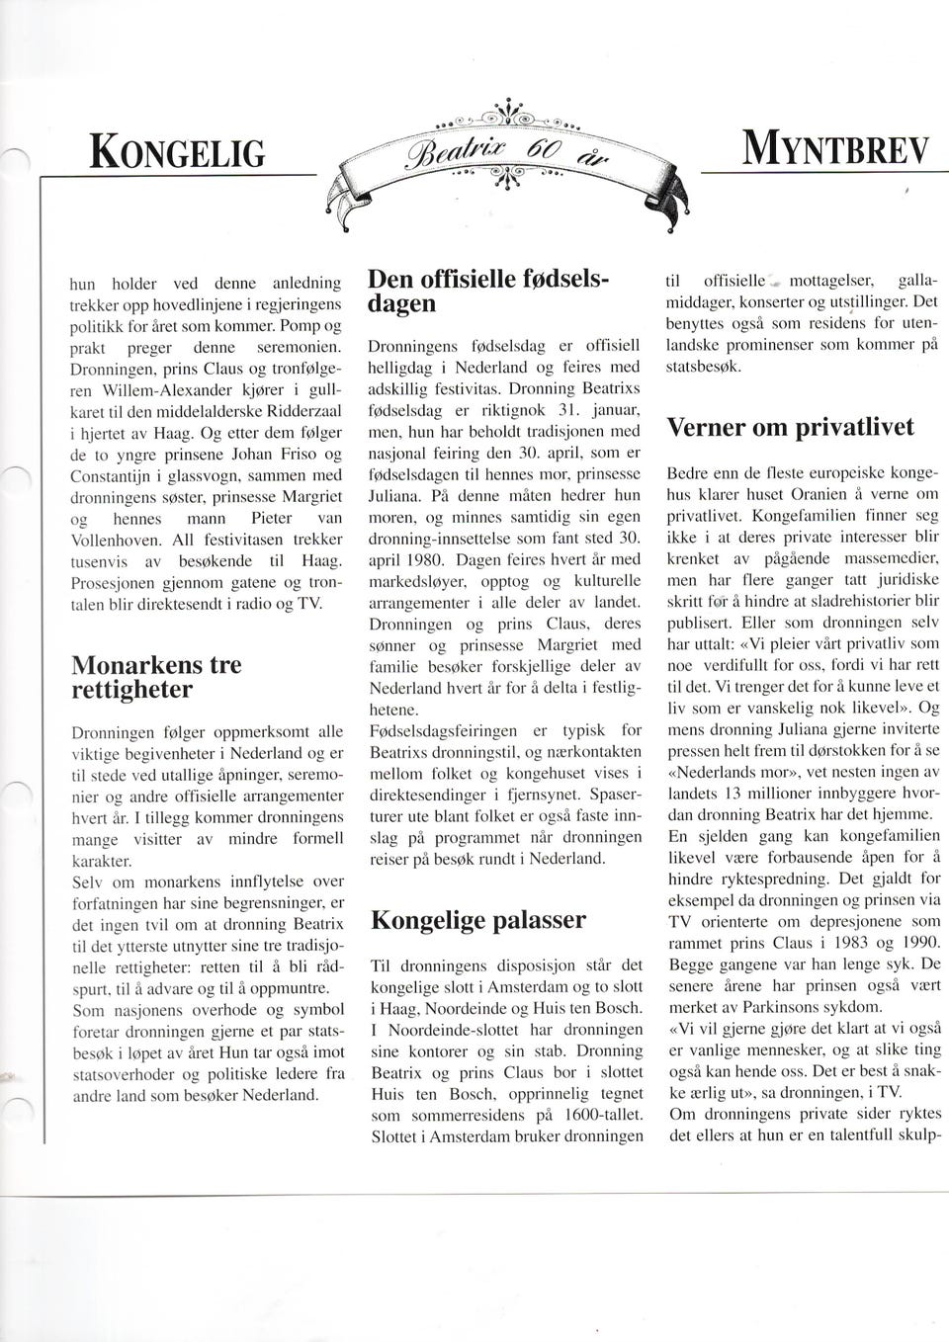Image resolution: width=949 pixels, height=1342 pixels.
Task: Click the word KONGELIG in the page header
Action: click(179, 153)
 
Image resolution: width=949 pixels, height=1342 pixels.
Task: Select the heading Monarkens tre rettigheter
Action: click(156, 676)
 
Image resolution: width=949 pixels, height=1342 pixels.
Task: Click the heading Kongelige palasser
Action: click(477, 920)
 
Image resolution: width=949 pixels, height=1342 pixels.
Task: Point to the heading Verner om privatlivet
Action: click(790, 427)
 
